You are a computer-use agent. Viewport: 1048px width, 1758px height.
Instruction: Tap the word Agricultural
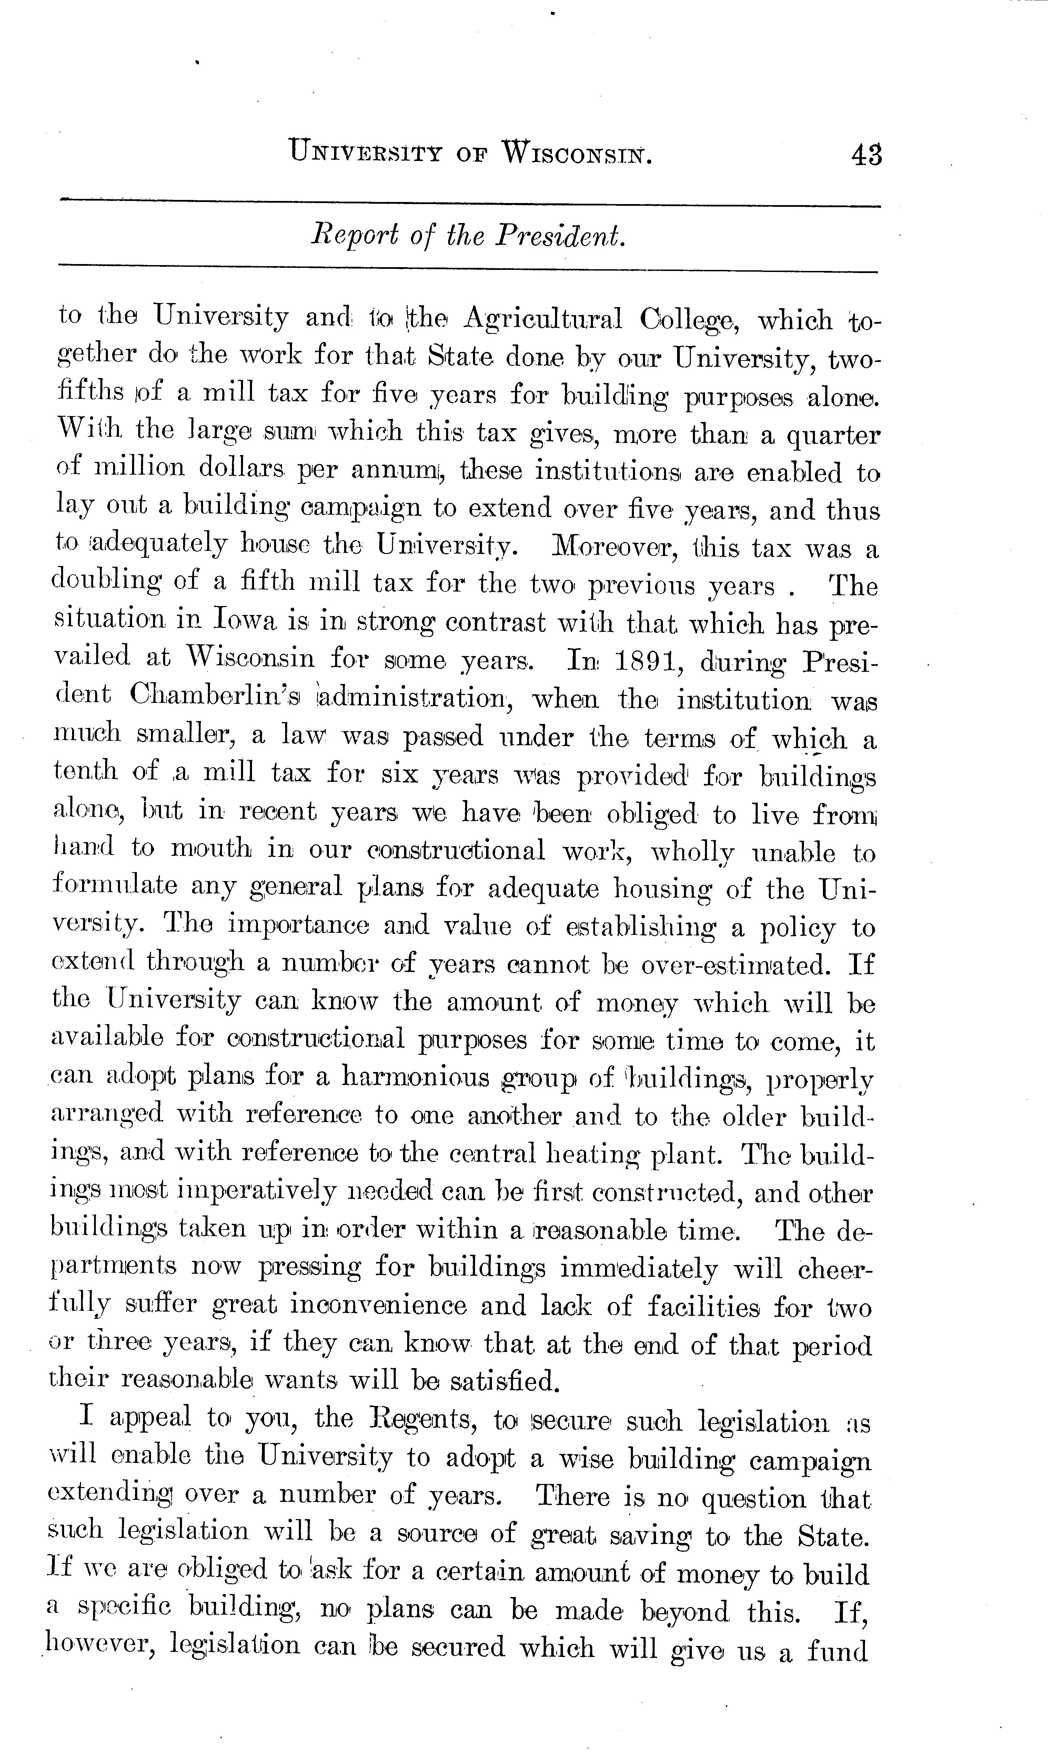542,320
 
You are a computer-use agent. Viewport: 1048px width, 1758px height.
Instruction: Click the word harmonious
415,1078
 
